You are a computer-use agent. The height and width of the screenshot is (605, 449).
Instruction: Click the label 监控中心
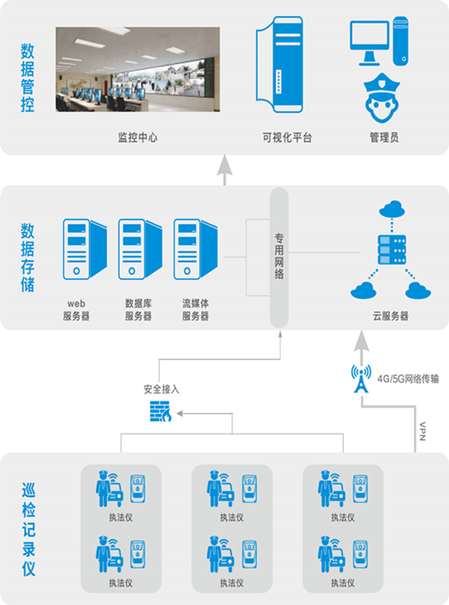(137, 137)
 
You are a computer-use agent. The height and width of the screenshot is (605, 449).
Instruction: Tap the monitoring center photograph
(137, 69)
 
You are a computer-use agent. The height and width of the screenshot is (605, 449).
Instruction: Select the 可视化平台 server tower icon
(279, 65)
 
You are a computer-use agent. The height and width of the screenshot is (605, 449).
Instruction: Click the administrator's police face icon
(382, 98)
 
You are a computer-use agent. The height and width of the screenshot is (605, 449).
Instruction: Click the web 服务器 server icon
(84, 250)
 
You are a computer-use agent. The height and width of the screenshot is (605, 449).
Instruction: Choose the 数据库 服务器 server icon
(140, 250)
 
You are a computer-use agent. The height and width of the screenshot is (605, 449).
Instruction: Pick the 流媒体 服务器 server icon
(195, 250)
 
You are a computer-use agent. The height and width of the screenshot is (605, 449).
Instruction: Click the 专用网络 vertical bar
(279, 258)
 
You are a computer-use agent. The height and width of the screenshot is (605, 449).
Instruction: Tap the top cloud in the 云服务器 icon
(392, 209)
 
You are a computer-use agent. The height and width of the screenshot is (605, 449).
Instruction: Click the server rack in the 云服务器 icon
(392, 250)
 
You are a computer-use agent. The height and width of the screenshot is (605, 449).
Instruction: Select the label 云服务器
(391, 316)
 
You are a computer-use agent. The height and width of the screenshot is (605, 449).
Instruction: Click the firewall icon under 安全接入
(161, 411)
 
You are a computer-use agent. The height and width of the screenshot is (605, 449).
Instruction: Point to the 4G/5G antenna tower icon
(361, 379)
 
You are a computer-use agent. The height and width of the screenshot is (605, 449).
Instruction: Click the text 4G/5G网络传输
(408, 379)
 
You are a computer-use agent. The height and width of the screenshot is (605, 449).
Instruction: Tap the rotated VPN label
(422, 431)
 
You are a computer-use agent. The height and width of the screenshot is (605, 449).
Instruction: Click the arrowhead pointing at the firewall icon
(180, 414)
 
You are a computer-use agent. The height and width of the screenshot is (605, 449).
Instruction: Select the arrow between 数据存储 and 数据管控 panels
(224, 171)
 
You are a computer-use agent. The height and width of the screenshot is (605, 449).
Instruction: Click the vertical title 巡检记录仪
(28, 529)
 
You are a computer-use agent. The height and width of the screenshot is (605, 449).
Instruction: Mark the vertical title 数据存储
(28, 257)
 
